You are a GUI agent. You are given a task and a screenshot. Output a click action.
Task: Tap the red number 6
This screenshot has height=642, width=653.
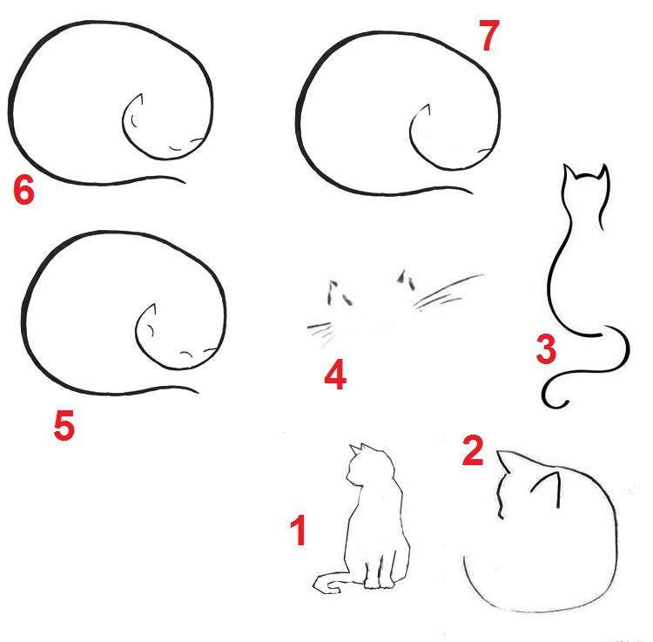point(24,190)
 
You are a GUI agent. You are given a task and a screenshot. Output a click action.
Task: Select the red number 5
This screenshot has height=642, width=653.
point(64,424)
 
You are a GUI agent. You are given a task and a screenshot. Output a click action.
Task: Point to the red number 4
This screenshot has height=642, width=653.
point(335,375)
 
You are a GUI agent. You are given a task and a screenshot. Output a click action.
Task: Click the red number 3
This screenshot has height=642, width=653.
point(546,349)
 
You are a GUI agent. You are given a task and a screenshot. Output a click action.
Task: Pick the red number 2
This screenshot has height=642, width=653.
point(473,450)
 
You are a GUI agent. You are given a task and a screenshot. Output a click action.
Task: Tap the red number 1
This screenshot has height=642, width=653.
point(298,530)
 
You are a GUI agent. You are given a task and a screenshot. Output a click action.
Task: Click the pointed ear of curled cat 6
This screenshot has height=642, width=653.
point(138,100)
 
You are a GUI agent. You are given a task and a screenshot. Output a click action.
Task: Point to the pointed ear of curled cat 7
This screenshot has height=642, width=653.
point(426,110)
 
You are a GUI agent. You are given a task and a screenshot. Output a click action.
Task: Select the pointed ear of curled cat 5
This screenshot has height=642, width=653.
point(151,310)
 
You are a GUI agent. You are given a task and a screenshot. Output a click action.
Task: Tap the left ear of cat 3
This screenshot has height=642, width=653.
point(569,171)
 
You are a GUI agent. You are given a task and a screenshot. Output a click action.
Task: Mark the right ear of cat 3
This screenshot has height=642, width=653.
point(603,172)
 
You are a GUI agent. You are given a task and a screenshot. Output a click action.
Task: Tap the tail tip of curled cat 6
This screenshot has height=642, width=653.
point(184,181)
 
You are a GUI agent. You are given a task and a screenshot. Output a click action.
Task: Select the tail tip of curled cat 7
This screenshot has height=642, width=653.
point(470,192)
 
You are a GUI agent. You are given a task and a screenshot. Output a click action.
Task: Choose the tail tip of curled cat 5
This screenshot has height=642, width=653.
point(196,391)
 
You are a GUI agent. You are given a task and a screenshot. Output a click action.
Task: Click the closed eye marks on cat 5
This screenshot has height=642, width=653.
point(186,355)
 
